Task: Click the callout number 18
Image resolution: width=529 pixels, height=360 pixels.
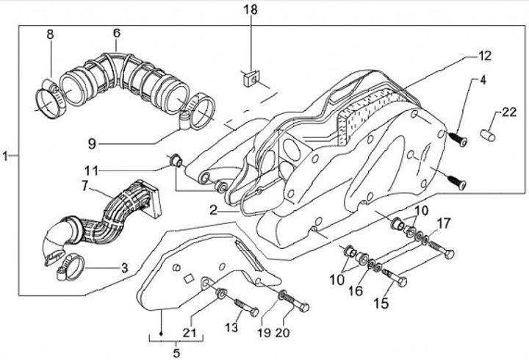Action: (251, 10)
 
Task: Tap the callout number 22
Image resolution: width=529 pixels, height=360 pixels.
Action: (509, 112)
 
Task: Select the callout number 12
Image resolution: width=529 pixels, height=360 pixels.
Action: (484, 56)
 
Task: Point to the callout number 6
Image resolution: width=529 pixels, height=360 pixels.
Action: (116, 33)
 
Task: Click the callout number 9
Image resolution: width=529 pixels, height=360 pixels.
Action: (92, 144)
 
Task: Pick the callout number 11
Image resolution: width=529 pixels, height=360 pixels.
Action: (91, 171)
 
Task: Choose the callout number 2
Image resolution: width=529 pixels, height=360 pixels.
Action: (213, 211)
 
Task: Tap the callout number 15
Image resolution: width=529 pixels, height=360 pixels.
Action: (381, 303)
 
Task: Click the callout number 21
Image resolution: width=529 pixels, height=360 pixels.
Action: (190, 333)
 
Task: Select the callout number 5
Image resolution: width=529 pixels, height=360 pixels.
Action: (176, 353)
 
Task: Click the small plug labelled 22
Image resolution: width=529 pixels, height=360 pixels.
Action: (488, 134)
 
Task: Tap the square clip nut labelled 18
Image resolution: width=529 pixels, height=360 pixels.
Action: (251, 79)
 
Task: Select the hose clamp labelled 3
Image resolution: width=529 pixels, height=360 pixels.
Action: (71, 267)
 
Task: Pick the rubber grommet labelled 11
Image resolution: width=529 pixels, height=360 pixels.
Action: (176, 159)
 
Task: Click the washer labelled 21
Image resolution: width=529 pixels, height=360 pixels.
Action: (220, 292)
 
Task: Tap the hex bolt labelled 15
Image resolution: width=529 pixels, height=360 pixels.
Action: (395, 277)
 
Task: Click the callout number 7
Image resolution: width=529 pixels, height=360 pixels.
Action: (84, 186)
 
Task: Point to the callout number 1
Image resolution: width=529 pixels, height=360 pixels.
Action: (4, 156)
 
